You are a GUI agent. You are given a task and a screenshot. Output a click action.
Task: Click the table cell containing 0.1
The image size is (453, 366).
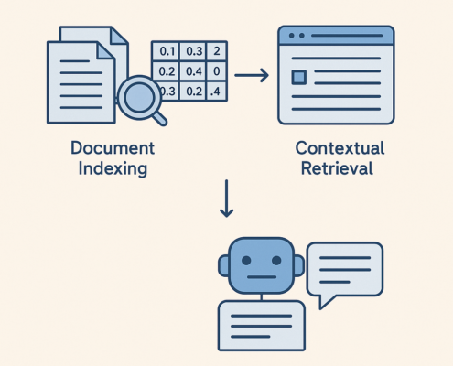pyautogui.click(x=166, y=50)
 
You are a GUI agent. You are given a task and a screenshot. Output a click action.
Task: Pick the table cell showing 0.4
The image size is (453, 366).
pyautogui.click(x=193, y=70)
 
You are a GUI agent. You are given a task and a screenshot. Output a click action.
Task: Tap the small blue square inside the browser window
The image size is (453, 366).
pyautogui.click(x=299, y=77)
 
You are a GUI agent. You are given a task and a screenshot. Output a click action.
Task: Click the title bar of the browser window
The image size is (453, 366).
pyautogui.click(x=336, y=36)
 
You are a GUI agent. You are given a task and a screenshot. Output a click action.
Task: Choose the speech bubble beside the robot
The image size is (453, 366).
pyautogui.click(x=345, y=267)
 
